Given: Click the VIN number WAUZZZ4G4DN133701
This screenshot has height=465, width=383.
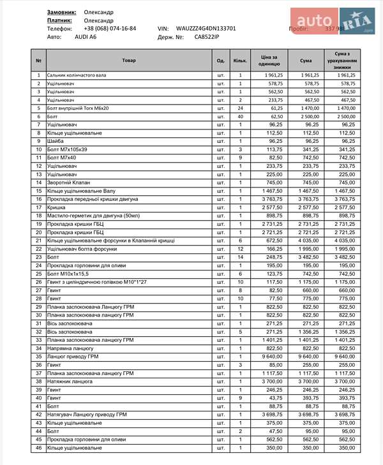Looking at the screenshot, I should click(x=206, y=29).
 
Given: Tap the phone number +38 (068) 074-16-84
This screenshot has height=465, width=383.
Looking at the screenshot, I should click(x=110, y=29).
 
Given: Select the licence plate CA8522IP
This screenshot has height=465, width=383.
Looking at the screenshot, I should click(x=207, y=37).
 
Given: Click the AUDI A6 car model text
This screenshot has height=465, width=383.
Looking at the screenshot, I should click(x=86, y=37).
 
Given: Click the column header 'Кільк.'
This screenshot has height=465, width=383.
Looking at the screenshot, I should click(x=240, y=61).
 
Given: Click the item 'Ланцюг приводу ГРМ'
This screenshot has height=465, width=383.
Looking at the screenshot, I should click(x=71, y=357).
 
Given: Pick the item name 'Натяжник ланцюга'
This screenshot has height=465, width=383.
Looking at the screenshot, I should click(x=69, y=381).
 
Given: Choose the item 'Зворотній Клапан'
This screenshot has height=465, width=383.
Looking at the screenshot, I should click(x=67, y=183).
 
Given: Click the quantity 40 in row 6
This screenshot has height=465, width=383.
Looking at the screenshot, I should click(x=240, y=117).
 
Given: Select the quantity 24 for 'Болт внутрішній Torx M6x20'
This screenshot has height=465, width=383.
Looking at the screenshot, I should click(x=240, y=108).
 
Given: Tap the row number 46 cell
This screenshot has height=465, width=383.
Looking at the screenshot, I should click(x=38, y=448).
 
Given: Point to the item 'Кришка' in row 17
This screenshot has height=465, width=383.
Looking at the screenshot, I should click(x=57, y=207).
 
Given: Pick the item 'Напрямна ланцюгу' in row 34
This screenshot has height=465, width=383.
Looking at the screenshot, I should click(x=68, y=348).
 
